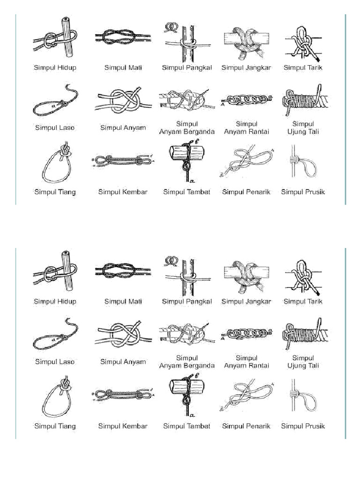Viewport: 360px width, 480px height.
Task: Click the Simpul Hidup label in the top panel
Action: pos(55,67)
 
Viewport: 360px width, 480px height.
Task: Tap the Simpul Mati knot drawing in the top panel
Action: pos(123,37)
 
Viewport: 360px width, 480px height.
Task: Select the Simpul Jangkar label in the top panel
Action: pos(246,67)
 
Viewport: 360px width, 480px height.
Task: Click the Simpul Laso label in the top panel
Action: pos(55,127)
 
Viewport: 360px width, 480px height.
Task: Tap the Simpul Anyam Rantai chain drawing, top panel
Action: pos(246,100)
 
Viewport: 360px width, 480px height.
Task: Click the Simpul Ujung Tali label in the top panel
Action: pos(303,127)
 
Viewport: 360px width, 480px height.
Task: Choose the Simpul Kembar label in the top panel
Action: pos(123,192)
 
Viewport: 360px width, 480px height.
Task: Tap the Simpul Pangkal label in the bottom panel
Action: pos(187,302)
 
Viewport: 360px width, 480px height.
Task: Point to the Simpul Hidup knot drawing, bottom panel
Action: pos(54,273)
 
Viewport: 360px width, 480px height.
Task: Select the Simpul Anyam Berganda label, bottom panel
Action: pos(187,362)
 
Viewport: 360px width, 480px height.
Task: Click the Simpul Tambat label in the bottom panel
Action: pos(187,426)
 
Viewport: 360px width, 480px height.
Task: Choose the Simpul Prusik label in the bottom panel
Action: pos(303,426)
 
